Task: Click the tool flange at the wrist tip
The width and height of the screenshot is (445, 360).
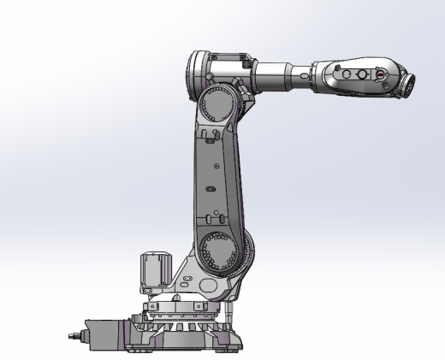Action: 410,83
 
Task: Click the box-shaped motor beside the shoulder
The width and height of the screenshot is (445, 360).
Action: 153,271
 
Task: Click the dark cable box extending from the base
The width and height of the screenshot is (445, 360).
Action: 107,332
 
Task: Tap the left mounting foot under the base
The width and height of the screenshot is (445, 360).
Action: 137,349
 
